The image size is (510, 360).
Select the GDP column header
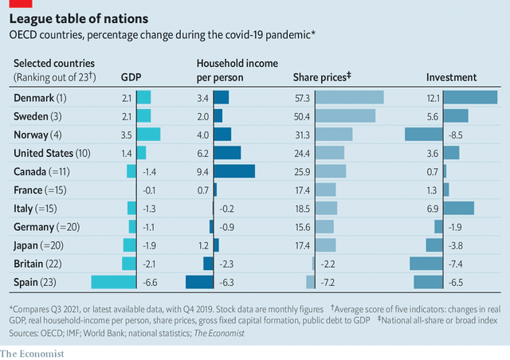131,77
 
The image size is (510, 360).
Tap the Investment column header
451,77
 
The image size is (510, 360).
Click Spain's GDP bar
114,281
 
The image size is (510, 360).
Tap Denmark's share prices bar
350,97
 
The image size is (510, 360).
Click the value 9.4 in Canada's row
202,171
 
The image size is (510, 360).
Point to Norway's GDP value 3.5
127,135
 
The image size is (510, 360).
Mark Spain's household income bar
199,281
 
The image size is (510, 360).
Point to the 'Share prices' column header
323,77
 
